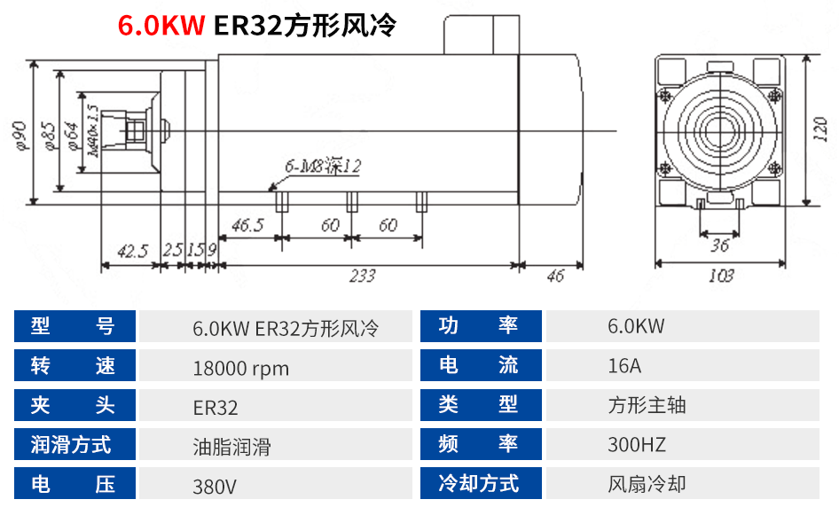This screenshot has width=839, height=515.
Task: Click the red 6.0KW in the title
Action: click(161, 25)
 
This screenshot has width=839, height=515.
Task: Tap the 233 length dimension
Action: click(362, 276)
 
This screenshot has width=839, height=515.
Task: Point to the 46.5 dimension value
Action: click(247, 225)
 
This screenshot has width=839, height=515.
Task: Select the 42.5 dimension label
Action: click(131, 252)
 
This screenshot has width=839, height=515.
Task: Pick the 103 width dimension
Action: click(721, 276)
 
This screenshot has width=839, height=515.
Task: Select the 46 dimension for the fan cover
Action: click(554, 276)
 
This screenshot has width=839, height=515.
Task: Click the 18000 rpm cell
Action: click(240, 368)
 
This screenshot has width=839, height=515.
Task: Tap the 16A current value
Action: click(624, 365)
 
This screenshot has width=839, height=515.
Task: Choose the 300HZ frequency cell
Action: click(636, 444)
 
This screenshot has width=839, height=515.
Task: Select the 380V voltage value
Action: click(215, 486)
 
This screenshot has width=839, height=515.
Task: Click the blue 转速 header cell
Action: click(74, 366)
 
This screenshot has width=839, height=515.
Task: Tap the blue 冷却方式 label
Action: click(479, 484)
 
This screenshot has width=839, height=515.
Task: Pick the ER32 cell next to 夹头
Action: click(216, 408)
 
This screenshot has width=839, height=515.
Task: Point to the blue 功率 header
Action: click(479, 326)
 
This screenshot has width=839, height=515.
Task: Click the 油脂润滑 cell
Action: click(231, 447)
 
